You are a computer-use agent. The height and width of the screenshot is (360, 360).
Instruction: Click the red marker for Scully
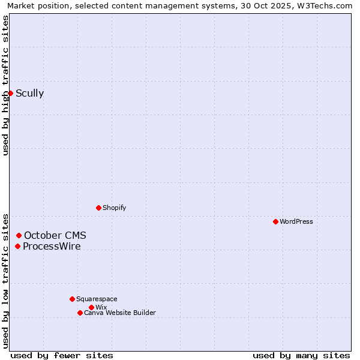point(10,93)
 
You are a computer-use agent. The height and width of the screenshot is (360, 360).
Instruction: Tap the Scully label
point(29,93)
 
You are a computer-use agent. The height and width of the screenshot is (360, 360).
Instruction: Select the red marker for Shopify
point(98,208)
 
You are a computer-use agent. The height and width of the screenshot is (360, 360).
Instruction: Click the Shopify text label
point(114,208)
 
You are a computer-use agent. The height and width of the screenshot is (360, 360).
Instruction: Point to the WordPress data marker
point(275,221)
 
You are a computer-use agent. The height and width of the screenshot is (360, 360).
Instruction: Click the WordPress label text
point(296,221)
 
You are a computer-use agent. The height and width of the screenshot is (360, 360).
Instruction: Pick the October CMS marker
point(19,235)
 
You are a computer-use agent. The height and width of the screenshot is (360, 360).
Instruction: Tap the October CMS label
point(55,235)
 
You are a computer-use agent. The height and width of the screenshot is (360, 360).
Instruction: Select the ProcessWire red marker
point(17,246)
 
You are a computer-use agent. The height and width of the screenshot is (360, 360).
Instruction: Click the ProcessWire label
point(52,246)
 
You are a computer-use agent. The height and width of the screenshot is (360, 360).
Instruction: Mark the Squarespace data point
point(72,299)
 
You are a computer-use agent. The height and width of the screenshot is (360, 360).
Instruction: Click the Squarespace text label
point(97,299)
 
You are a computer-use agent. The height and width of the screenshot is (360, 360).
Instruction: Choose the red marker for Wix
point(91,307)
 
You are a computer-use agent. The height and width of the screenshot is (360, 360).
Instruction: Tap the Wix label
point(101,307)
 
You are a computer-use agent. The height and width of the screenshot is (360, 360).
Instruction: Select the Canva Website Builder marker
point(80,313)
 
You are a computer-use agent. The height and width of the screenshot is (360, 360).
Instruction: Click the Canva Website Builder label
point(119,313)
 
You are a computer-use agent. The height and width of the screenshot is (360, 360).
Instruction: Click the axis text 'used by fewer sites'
point(62,355)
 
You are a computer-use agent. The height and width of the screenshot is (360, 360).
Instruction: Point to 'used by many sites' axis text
point(301,355)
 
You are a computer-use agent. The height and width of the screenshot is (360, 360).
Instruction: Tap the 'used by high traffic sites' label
point(5,85)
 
